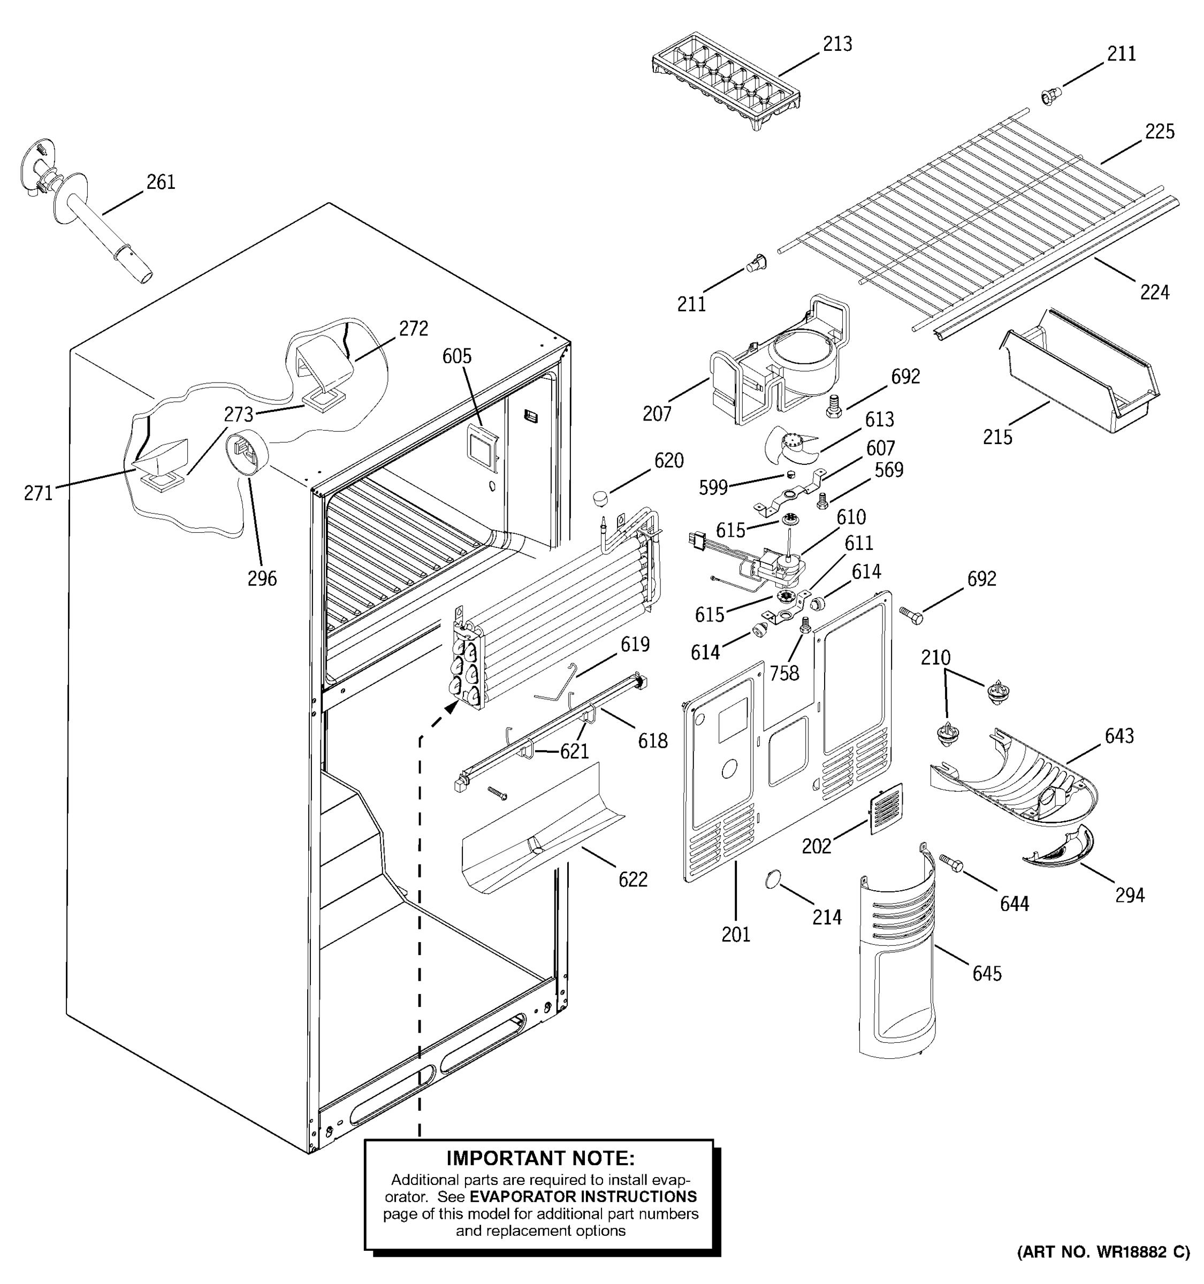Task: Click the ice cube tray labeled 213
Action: (x=726, y=81)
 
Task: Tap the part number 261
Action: (x=161, y=183)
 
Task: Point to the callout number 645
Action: (x=987, y=973)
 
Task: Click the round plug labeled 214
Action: (x=773, y=879)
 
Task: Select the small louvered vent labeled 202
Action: (x=886, y=808)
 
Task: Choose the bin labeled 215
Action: (x=1079, y=381)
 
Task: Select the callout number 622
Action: (x=633, y=880)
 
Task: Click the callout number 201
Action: (x=736, y=935)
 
